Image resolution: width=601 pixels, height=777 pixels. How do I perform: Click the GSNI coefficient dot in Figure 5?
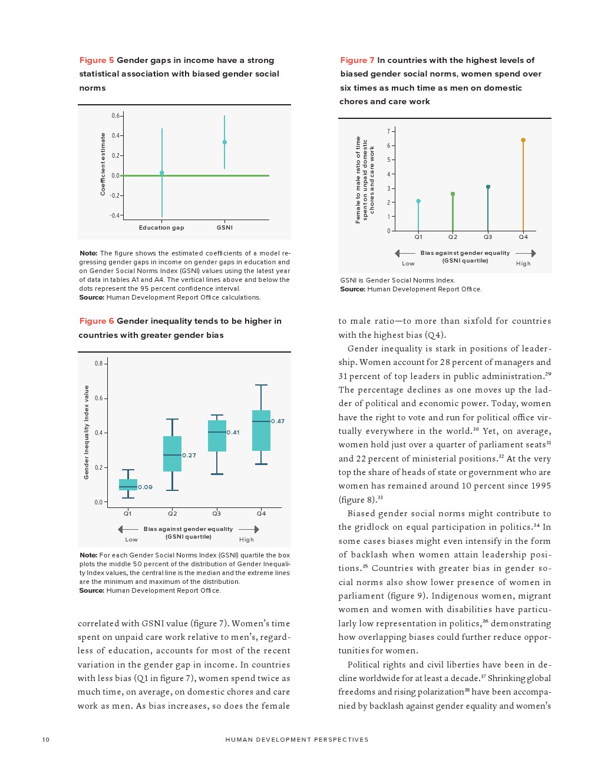click(224, 142)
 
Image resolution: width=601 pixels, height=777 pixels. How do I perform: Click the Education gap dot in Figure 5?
click(162, 173)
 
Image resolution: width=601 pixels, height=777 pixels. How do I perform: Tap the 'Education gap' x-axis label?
click(161, 228)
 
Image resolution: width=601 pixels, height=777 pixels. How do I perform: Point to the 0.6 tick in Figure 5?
click(115, 116)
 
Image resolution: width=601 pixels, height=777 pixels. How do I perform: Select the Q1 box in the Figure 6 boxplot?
click(128, 484)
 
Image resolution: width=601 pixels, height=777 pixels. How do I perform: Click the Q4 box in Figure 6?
click(261, 430)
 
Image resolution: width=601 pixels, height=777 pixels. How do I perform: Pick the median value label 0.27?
click(189, 456)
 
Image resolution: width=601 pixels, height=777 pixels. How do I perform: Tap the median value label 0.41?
click(233, 433)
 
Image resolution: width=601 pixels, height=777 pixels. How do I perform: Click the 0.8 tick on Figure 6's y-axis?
click(98, 364)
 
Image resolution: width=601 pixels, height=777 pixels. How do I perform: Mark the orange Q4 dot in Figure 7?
click(523, 140)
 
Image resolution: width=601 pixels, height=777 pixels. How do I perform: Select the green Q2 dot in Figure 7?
click(453, 194)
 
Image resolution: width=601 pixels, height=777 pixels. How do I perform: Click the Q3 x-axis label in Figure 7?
click(488, 237)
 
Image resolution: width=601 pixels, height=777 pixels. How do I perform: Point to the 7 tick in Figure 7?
click(389, 131)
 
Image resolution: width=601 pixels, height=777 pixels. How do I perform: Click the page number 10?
click(46, 740)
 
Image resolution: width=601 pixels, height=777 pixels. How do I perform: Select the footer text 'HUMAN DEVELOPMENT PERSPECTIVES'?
click(297, 740)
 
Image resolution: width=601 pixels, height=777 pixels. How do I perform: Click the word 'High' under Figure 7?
click(523, 264)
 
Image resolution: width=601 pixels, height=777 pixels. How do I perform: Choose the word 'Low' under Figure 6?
click(131, 540)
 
